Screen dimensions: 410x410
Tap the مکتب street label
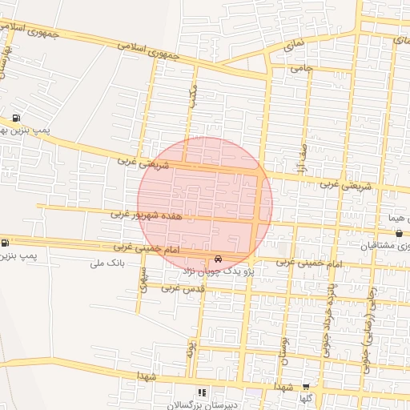[192, 94]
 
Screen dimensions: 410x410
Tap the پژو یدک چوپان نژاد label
[219, 272]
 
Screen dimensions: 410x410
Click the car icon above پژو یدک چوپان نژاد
[219, 259]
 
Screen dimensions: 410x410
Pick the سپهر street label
[143, 279]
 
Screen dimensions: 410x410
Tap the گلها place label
[306, 398]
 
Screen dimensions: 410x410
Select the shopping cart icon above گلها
[305, 386]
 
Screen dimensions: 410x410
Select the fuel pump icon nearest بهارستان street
[16, 119]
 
